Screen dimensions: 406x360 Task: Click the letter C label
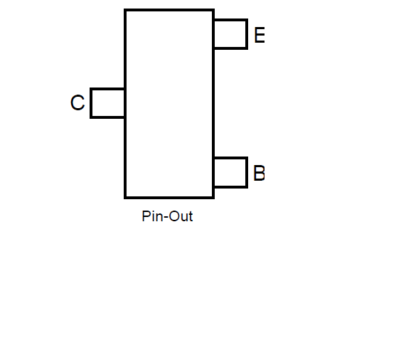(x=78, y=102)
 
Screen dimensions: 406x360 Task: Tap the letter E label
(x=260, y=35)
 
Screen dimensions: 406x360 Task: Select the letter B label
(x=260, y=173)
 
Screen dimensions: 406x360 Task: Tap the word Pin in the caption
(x=152, y=216)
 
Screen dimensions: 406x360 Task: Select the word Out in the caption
(x=181, y=216)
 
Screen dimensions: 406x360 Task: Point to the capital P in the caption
(x=146, y=216)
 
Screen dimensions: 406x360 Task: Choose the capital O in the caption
(x=175, y=216)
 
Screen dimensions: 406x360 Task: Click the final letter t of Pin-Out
(x=191, y=216)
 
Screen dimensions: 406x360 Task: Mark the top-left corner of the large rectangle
(x=125, y=10)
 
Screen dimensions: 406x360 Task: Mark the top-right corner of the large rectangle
(x=213, y=10)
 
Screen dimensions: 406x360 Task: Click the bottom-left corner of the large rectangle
(x=125, y=198)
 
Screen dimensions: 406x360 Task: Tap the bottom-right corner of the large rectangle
(x=213, y=198)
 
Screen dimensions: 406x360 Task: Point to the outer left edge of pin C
(x=91, y=103)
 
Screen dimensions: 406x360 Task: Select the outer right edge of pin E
(x=247, y=34)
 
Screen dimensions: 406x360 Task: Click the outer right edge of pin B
(x=247, y=172)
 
